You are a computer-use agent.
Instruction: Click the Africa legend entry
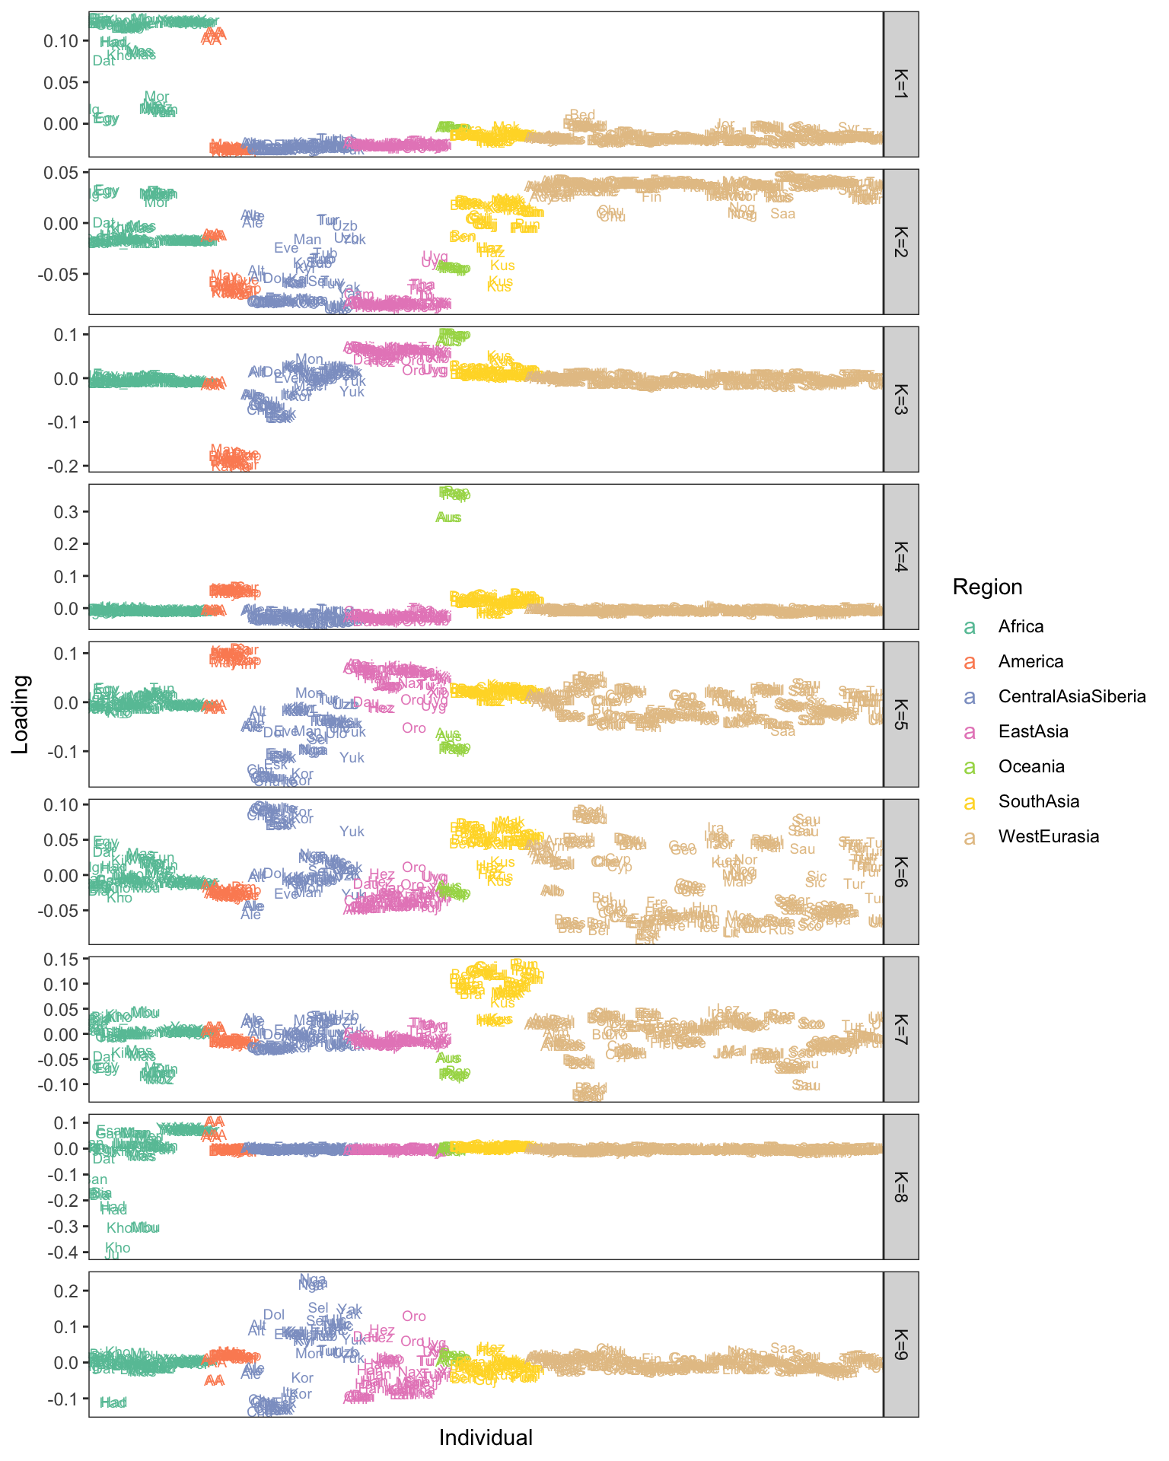click(x=1021, y=626)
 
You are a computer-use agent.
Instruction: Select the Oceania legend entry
click(x=1030, y=766)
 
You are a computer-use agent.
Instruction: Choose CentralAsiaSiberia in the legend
click(x=1072, y=696)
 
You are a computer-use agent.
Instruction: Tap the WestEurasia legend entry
click(x=1048, y=836)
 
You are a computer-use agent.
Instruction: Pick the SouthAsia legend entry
click(x=1038, y=801)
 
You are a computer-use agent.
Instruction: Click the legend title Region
click(x=987, y=587)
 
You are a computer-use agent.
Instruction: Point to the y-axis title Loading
click(x=21, y=714)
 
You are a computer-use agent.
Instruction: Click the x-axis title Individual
click(x=486, y=1437)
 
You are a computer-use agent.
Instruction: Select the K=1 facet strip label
click(x=900, y=84)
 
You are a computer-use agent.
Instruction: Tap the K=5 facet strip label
click(x=900, y=714)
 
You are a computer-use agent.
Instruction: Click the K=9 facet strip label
click(x=900, y=1344)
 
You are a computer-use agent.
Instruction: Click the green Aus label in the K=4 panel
click(x=448, y=517)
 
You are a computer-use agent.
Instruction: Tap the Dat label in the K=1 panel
click(x=104, y=61)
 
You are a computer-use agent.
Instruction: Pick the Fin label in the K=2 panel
click(x=651, y=197)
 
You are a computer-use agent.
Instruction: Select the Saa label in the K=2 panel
click(x=782, y=214)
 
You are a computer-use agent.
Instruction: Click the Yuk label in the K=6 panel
click(x=352, y=832)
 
